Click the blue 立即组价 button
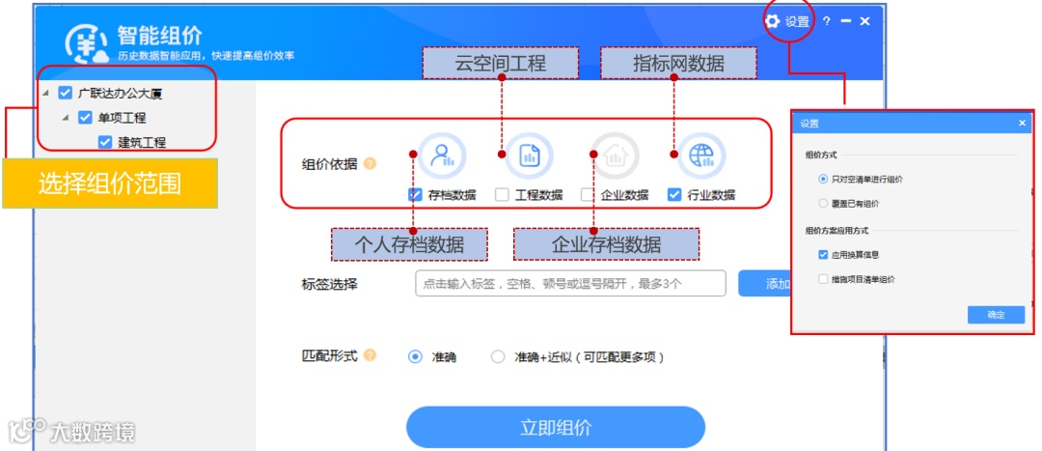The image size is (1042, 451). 556,427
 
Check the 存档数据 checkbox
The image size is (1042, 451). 415,194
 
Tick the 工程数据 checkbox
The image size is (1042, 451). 502,194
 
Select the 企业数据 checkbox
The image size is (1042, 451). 588,194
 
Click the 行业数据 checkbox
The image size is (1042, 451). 674,194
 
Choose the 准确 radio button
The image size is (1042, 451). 416,356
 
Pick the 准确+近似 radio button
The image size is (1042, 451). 498,356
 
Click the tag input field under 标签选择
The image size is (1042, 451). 570,283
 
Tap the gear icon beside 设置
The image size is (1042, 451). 772,21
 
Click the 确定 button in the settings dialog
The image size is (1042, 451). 996,315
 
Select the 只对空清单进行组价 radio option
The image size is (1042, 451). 822,179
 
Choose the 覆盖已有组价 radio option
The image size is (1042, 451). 822,204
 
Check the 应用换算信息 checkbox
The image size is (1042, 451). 823,255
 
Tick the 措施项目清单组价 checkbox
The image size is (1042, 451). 823,279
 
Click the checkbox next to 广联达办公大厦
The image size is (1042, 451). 66,93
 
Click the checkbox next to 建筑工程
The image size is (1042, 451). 105,142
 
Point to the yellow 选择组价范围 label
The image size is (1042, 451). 110,183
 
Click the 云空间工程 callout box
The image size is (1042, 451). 501,64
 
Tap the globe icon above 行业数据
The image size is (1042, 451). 701,155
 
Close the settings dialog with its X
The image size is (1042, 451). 1022,124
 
